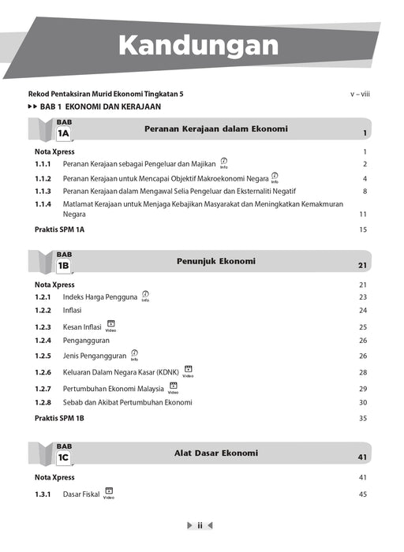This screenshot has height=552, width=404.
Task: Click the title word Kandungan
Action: click(198, 45)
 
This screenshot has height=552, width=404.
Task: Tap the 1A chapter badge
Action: click(64, 133)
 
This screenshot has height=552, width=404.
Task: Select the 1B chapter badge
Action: click(64, 266)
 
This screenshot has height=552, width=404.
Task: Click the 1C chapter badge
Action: click(64, 457)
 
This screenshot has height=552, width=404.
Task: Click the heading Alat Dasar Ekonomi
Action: click(215, 453)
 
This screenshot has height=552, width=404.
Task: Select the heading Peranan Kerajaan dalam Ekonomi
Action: click(215, 129)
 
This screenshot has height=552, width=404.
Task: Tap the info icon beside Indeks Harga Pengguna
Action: click(145, 296)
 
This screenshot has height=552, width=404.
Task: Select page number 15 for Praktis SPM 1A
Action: click(363, 230)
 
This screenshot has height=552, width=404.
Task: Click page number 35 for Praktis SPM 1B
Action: click(363, 418)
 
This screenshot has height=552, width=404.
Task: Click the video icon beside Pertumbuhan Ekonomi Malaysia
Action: click(173, 388)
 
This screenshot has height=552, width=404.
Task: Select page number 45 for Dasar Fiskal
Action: click(363, 494)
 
